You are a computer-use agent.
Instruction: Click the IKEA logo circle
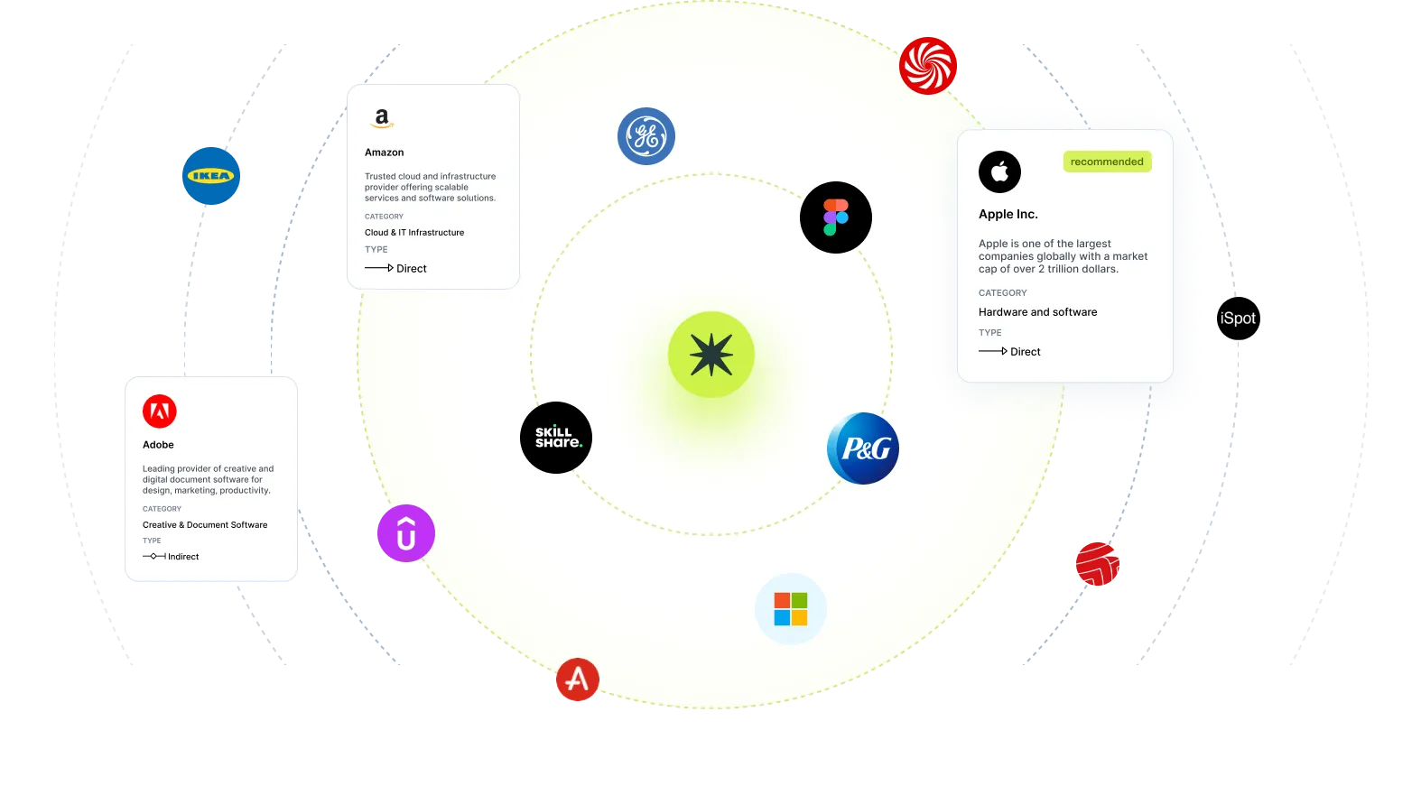pos(211,176)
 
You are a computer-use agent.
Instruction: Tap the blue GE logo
pos(646,136)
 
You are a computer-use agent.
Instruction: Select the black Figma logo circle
pos(836,217)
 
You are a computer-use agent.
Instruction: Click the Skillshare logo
pos(556,438)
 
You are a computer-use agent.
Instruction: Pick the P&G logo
pos(863,448)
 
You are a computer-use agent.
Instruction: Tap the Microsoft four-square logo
pos(791,609)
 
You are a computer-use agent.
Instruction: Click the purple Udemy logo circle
pos(406,533)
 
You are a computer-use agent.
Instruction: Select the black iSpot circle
pos(1239,319)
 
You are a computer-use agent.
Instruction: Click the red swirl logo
pos(928,66)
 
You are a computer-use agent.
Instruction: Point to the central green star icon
pos(711,355)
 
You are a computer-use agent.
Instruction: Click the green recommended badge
pos(1108,162)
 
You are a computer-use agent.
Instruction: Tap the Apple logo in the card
pos(999,171)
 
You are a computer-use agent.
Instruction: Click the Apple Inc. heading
pos(1008,214)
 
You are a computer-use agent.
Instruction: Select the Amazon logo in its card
pos(382,118)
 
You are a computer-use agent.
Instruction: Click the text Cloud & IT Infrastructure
pos(414,233)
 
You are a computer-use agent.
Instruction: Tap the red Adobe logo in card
pos(159,411)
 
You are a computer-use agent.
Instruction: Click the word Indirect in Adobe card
pos(183,557)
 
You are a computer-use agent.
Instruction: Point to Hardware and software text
pos(1038,312)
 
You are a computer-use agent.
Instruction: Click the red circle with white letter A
pos(577,679)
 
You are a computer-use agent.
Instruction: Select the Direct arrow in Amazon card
pos(379,268)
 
